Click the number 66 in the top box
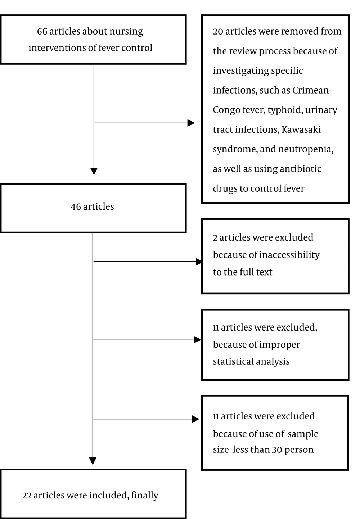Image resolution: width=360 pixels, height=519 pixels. (42, 32)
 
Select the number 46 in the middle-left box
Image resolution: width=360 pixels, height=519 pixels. (76, 207)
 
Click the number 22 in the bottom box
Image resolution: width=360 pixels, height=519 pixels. (27, 496)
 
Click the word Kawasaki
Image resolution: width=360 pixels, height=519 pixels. (301, 129)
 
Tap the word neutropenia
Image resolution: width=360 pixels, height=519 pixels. (306, 150)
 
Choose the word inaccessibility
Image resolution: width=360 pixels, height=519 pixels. (289, 255)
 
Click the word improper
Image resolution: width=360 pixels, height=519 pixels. (279, 345)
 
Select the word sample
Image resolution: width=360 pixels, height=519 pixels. (303, 434)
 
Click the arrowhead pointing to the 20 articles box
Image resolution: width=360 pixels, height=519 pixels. (191, 123)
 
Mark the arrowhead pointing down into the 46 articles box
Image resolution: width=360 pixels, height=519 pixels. (94, 171)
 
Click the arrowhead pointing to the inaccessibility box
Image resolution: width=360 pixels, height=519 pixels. (199, 262)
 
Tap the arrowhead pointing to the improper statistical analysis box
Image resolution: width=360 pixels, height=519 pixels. (197, 340)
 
